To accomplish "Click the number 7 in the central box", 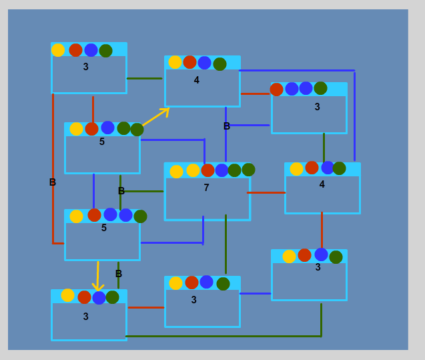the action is [x=207, y=188].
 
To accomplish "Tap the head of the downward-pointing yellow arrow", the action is [x=98, y=287].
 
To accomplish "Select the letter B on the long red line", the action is [x=53, y=182].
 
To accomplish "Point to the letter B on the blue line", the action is [x=227, y=126].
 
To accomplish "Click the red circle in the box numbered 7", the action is [x=208, y=170].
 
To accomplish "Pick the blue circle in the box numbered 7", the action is [x=222, y=170].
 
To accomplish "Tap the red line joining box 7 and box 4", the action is [x=266, y=192].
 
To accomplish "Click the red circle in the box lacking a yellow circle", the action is [x=276, y=89].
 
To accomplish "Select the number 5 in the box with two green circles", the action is [x=102, y=142].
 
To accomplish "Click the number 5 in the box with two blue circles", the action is [x=104, y=228].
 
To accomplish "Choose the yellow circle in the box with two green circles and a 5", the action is [x=77, y=129].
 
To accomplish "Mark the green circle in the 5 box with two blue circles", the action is [x=140, y=216].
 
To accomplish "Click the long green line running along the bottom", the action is [x=224, y=336].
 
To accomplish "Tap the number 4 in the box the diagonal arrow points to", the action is [x=197, y=80].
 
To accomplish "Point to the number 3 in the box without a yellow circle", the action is [x=317, y=107].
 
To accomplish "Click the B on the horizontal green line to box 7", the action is [x=121, y=191].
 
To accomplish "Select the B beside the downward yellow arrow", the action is [x=119, y=274].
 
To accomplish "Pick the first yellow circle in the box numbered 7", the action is [x=176, y=172].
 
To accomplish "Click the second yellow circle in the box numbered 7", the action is [x=193, y=170].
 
